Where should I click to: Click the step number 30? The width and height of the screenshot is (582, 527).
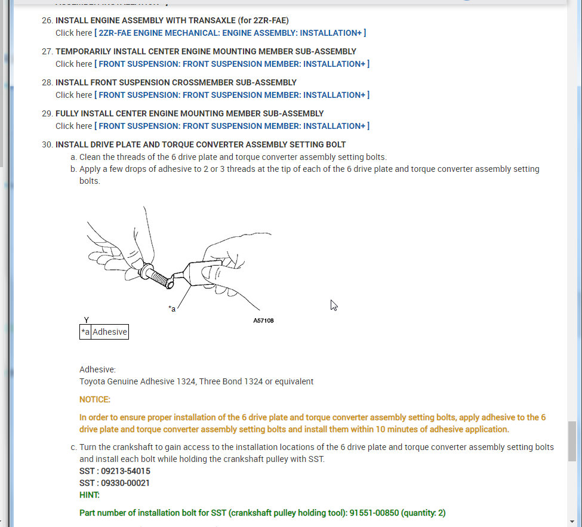point(47,144)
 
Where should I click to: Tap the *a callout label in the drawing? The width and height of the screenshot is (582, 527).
point(172,309)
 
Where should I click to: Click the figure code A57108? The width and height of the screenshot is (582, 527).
point(263,320)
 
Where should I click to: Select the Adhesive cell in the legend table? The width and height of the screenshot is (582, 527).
point(110,332)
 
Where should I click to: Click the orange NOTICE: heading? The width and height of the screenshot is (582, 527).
point(95,399)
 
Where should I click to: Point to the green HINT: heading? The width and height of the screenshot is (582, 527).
point(90,495)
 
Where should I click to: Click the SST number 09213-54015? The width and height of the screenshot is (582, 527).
point(125,471)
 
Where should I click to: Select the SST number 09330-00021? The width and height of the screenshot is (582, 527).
point(125,483)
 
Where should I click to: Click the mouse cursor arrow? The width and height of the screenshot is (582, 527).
point(334,305)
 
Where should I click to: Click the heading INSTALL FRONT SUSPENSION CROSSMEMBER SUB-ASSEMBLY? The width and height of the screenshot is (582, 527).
point(176,82)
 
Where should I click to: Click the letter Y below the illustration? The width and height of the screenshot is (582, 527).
point(87,320)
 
